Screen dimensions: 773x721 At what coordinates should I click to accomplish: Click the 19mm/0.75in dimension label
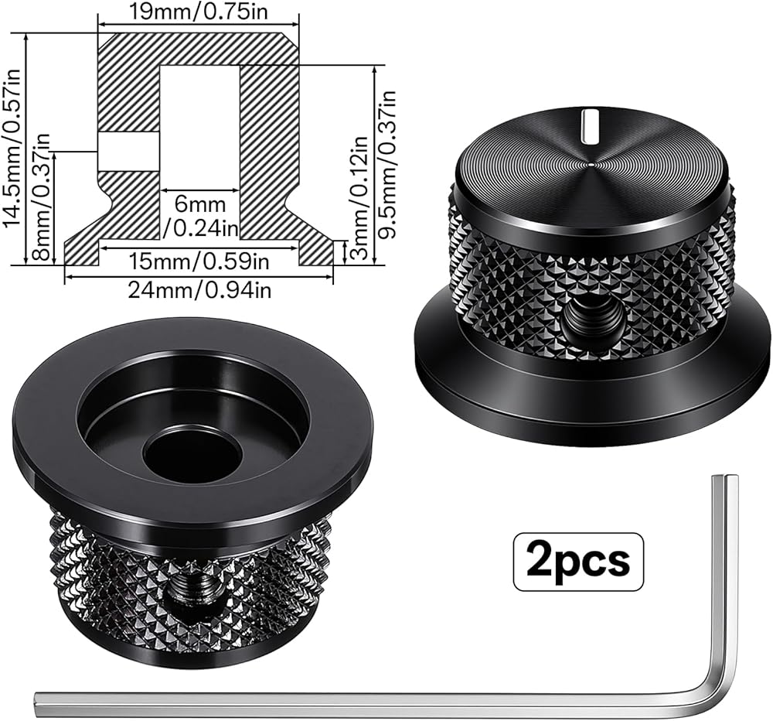tap(199, 11)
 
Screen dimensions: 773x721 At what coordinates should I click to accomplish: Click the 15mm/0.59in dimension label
tap(199, 260)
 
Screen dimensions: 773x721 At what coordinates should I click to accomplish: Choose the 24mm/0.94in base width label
tap(199, 289)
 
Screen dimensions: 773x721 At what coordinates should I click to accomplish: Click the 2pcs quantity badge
tap(578, 562)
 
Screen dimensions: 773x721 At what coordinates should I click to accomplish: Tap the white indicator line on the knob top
tap(588, 126)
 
